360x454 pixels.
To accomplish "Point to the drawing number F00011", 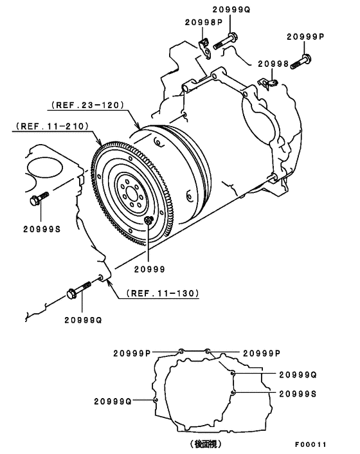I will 311,444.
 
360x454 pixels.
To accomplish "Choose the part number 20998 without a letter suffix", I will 275,64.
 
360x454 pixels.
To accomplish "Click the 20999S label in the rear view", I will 298,392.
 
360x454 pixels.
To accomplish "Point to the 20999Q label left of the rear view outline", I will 113,401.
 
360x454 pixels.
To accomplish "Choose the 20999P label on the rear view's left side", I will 132,352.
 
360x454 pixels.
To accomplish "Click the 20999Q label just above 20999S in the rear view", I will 298,374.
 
